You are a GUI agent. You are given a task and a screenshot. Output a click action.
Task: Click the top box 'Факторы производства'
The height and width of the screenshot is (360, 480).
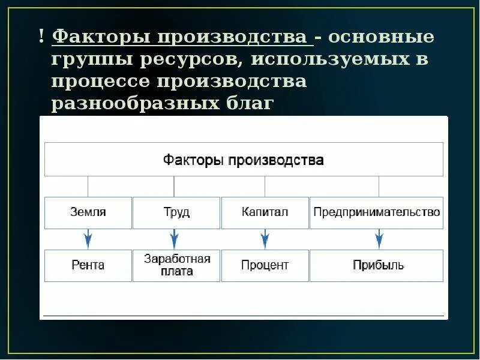click(x=244, y=160)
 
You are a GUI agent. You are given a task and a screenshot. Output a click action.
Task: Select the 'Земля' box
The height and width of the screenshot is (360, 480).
click(x=88, y=212)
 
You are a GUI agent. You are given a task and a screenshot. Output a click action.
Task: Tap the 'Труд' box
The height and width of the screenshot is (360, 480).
click(x=176, y=212)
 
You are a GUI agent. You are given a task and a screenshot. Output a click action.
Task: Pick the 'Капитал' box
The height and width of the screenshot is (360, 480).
click(x=265, y=212)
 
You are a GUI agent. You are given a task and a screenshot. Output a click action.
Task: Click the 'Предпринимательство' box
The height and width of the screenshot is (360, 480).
click(x=376, y=212)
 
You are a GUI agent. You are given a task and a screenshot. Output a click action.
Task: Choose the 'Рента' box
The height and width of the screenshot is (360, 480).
click(x=88, y=265)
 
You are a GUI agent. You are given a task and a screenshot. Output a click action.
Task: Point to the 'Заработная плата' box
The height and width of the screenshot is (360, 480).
click(x=176, y=265)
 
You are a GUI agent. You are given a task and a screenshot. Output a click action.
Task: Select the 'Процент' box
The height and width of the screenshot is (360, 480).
click(x=265, y=265)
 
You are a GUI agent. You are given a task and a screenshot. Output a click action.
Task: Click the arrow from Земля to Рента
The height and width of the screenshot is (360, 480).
click(x=88, y=239)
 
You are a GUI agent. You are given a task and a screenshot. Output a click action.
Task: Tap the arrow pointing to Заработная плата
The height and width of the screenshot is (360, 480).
click(x=175, y=239)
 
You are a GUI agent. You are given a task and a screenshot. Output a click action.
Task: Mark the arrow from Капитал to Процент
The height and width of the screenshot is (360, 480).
click(x=265, y=239)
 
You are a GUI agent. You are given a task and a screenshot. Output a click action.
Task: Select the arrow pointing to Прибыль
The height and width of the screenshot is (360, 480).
click(x=379, y=239)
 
